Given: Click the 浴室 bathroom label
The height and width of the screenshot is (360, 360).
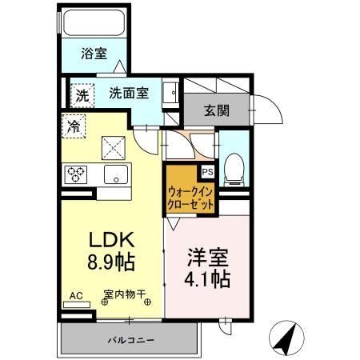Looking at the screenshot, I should [94, 54].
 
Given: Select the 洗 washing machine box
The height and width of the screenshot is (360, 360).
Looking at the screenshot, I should [83, 94].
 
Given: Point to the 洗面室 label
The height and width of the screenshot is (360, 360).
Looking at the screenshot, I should [128, 92].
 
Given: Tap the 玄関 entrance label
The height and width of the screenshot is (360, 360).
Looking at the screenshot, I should [214, 110].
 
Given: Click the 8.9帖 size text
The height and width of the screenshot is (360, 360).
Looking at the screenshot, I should [110, 261].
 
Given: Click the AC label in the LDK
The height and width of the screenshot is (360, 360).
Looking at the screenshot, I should [76, 295].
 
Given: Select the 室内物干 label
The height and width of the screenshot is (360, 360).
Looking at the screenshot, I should [124, 294].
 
